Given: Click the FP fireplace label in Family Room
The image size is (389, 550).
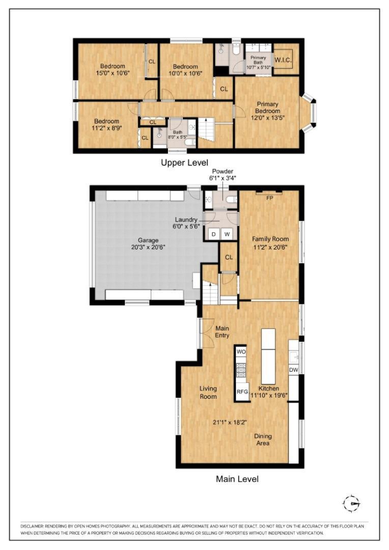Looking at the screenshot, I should click(x=270, y=198).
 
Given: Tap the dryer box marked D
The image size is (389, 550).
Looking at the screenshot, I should click(x=214, y=234).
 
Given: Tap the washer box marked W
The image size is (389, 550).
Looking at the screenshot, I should click(x=228, y=234).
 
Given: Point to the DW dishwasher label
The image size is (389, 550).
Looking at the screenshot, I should click(x=293, y=370).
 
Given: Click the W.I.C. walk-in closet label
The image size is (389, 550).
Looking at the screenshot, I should click(x=283, y=59).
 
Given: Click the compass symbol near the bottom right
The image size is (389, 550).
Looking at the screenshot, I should click(x=351, y=504).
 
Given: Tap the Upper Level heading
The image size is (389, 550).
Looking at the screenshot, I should click(x=184, y=163).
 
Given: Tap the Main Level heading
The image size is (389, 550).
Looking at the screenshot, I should click(x=237, y=479).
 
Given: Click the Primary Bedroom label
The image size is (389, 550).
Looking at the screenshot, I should click(x=268, y=107).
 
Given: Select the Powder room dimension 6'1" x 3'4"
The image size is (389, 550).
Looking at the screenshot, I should click(x=222, y=178).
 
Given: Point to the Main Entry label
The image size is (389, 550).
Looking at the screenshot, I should click(x=222, y=332).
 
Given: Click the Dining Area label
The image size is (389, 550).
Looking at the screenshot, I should click(x=263, y=439).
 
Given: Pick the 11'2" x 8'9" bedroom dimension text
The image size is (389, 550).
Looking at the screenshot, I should click(x=106, y=128).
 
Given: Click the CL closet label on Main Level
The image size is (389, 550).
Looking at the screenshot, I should click(x=229, y=257).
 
